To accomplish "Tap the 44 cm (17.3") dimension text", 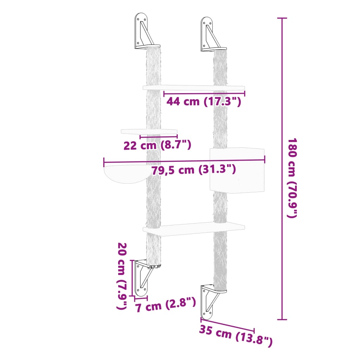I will point(204,102).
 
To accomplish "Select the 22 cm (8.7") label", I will point(157,145).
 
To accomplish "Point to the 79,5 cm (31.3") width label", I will point(194,170).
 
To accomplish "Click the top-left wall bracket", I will point(142,32).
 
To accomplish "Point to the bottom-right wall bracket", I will point(210,301).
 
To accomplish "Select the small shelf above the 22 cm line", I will point(149,131).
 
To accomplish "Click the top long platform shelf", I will point(193,87).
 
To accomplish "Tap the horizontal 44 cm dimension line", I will point(204,94).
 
